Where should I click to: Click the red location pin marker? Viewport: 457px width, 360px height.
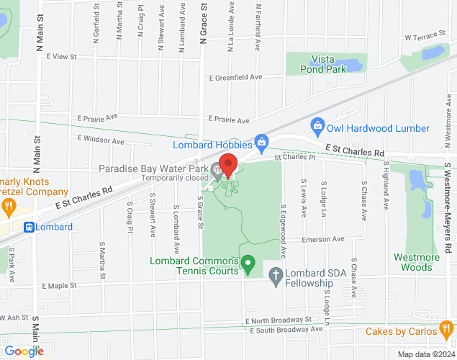pos(228,166)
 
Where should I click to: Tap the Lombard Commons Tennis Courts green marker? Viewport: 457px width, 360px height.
pos(248,266)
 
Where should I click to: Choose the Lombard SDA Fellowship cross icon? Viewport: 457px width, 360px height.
pos(274,274)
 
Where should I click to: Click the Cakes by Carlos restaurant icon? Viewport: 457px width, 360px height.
pos(446,330)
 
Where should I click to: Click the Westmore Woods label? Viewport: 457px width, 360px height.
pos(413,262)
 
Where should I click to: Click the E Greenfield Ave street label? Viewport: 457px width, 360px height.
pos(235,77)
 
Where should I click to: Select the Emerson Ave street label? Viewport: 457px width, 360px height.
pos(323,239)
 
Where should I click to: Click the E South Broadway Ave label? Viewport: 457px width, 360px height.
pos(286,330)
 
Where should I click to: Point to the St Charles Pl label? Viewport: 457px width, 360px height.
pos(294,156)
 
